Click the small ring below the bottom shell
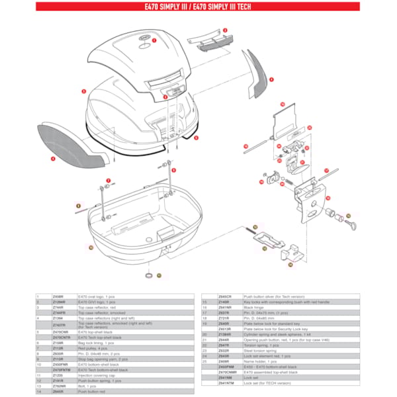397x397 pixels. (x=149, y=273)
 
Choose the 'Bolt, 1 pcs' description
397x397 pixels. (x=89, y=385)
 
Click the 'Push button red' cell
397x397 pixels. (x=92, y=391)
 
